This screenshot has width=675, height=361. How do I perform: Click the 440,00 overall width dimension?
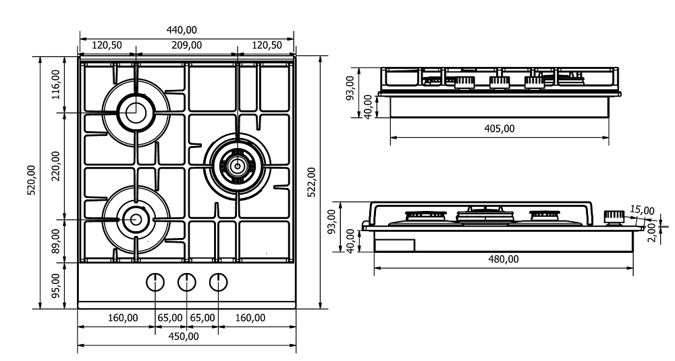coord(182,30)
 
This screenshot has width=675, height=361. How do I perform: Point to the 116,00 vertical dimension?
coord(56,84)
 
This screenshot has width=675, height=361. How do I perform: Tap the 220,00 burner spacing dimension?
coord(56,166)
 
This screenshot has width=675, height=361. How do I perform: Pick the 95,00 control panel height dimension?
coord(56,285)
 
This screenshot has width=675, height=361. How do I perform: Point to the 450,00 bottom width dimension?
coord(183,336)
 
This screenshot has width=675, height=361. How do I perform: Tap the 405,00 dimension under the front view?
coord(500,128)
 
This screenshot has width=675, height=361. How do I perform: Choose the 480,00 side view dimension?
coord(504,259)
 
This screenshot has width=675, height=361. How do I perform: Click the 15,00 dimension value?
coord(643,210)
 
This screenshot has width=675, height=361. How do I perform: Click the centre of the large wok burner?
coord(237,164)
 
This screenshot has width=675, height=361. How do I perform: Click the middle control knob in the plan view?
coord(186,282)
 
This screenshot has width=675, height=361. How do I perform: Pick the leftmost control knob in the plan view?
coord(155,282)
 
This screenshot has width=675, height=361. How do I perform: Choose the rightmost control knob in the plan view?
coord(217,282)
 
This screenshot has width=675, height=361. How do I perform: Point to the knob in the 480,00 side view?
coord(614,217)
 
